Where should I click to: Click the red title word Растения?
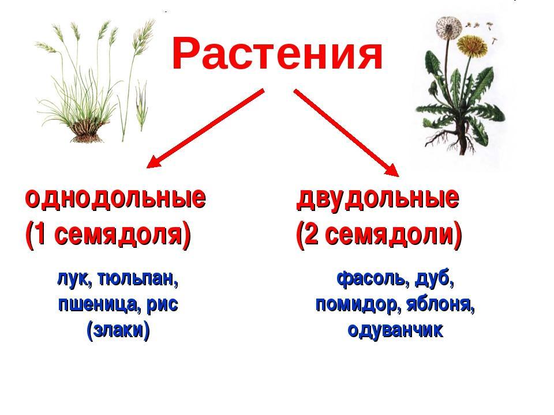[x=278, y=54]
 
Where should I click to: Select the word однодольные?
[x=115, y=198]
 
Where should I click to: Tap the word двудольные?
[x=377, y=198]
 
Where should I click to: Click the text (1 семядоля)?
[x=108, y=235]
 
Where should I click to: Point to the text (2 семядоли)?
[x=379, y=235]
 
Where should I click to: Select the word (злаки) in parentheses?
[x=118, y=330]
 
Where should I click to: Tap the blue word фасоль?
[x=373, y=279]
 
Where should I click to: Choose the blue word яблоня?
[x=440, y=304]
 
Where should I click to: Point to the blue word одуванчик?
[x=395, y=330]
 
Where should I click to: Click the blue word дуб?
[x=434, y=279]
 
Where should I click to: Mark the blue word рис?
[x=162, y=305]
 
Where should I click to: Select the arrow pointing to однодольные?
[x=205, y=129]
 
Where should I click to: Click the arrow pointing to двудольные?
[x=346, y=133]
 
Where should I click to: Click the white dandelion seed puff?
[x=448, y=27]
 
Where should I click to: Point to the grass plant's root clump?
[x=87, y=131]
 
